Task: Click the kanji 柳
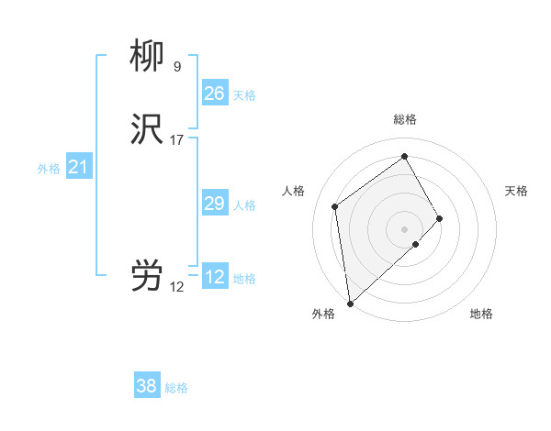pos(147,56)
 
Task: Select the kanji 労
pos(147,276)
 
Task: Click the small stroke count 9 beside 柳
pos(176,66)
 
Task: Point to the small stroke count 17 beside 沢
pos(177,140)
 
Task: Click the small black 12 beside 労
pos(176,287)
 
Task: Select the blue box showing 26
pos(214,94)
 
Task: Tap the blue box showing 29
pos(214,204)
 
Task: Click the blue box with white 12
pos(214,277)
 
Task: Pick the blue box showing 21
pos(78,167)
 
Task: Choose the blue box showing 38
pos(147,386)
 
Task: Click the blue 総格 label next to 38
pos(176,388)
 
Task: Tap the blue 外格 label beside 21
pos(49,169)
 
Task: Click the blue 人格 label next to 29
pos(245,205)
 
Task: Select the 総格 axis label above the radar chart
pos(405,119)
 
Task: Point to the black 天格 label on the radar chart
pos(516,191)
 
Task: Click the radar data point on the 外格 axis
pos(350,303)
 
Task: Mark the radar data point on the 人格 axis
pos(335,206)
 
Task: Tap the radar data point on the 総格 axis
pos(405,156)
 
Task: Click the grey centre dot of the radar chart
pos(405,228)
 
